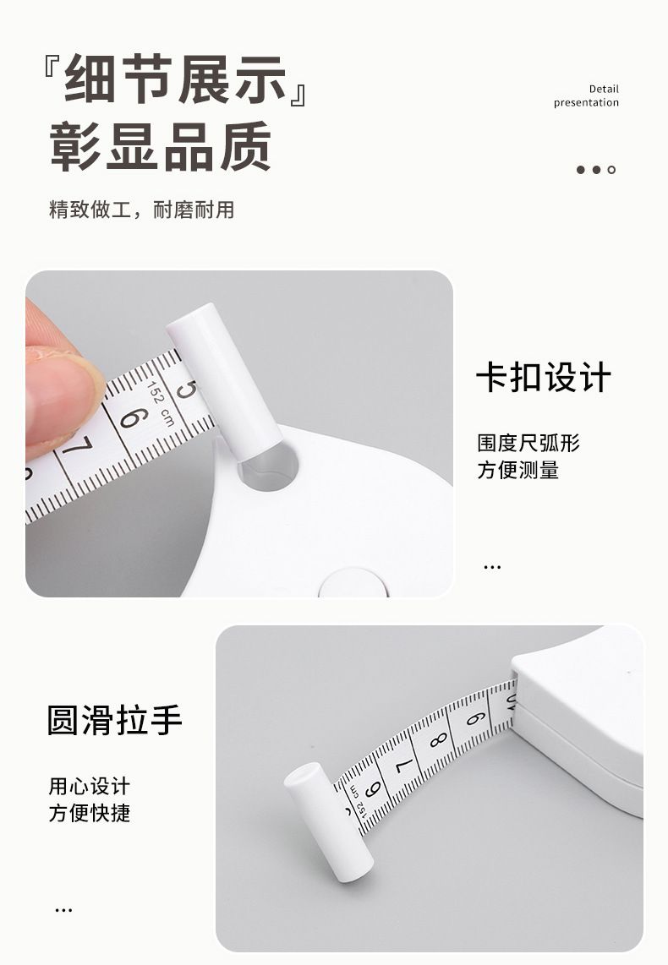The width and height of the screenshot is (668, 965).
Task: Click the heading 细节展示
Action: tap(176, 79)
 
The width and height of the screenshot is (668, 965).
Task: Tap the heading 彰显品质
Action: tap(160, 146)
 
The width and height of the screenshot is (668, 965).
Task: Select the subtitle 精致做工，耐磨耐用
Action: tap(141, 210)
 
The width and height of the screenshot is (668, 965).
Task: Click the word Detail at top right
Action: tap(604, 89)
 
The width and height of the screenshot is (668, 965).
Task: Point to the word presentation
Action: tap(586, 103)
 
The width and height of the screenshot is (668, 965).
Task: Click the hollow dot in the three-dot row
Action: tap(611, 170)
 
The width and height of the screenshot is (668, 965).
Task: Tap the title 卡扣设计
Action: tap(544, 377)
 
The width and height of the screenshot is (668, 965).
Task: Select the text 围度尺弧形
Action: tap(528, 443)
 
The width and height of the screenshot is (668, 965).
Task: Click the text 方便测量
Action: tap(517, 470)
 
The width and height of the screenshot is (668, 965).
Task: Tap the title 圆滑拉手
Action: tap(114, 721)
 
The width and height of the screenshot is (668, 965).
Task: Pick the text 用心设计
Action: tap(90, 786)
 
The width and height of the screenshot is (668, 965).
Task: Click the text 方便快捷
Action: tap(90, 813)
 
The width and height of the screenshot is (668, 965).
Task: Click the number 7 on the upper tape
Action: tap(78, 447)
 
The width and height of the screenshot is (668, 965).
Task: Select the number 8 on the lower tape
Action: tap(438, 740)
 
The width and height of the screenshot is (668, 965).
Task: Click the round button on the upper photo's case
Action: tap(353, 582)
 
